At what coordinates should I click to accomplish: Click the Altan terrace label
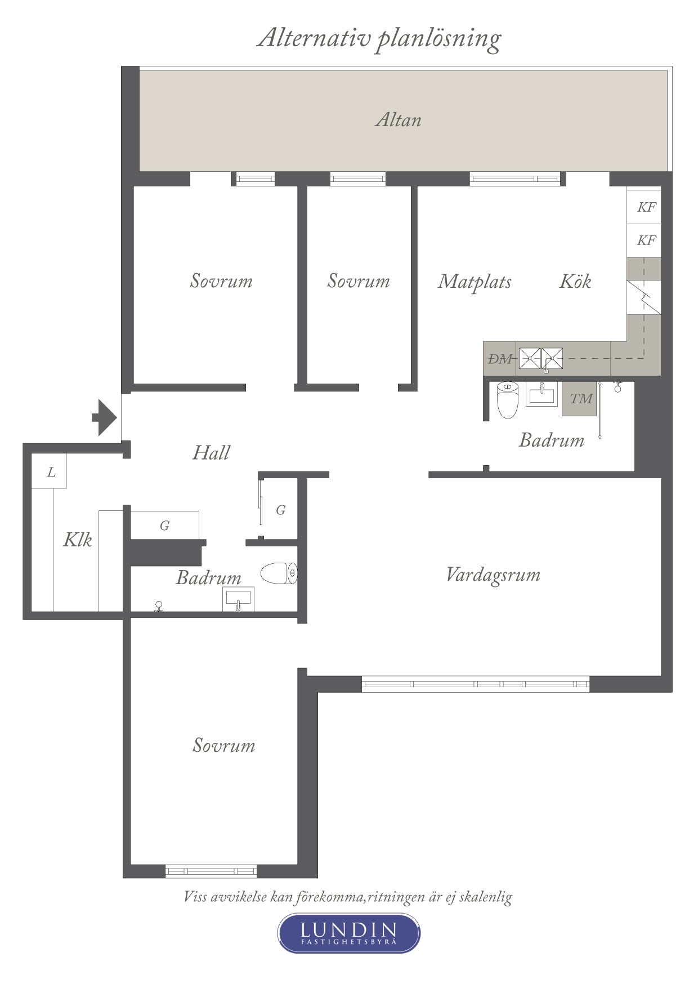[398, 120]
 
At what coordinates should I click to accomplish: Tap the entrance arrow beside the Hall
[105, 417]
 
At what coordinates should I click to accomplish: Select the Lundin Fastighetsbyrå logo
[348, 933]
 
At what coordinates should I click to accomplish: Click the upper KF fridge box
[644, 207]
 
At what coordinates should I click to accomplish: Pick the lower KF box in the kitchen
[644, 241]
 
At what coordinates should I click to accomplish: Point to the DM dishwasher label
[500, 359]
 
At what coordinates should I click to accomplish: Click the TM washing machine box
[579, 399]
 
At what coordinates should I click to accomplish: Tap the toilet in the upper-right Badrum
[507, 400]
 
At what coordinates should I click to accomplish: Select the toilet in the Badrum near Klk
[279, 573]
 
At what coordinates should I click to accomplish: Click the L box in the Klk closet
[49, 471]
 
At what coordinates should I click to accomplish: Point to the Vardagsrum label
[493, 575]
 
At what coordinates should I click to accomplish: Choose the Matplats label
[475, 281]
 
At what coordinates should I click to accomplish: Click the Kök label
[575, 281]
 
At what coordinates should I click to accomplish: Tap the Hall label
[211, 452]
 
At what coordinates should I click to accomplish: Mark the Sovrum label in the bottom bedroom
[223, 745]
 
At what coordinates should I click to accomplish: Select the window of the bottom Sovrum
[211, 871]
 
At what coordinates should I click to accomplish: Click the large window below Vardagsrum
[476, 684]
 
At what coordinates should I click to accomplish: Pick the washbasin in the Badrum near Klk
[239, 599]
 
